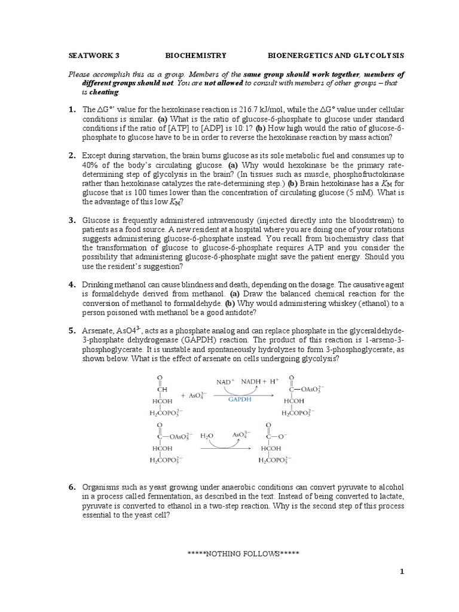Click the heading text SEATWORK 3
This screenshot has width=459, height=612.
[93, 56]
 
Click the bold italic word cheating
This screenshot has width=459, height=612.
[104, 93]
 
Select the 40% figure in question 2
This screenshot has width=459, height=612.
[91, 165]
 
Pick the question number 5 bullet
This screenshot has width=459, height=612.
[72, 331]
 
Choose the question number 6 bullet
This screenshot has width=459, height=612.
[72, 488]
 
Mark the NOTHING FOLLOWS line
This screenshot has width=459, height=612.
[243, 554]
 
